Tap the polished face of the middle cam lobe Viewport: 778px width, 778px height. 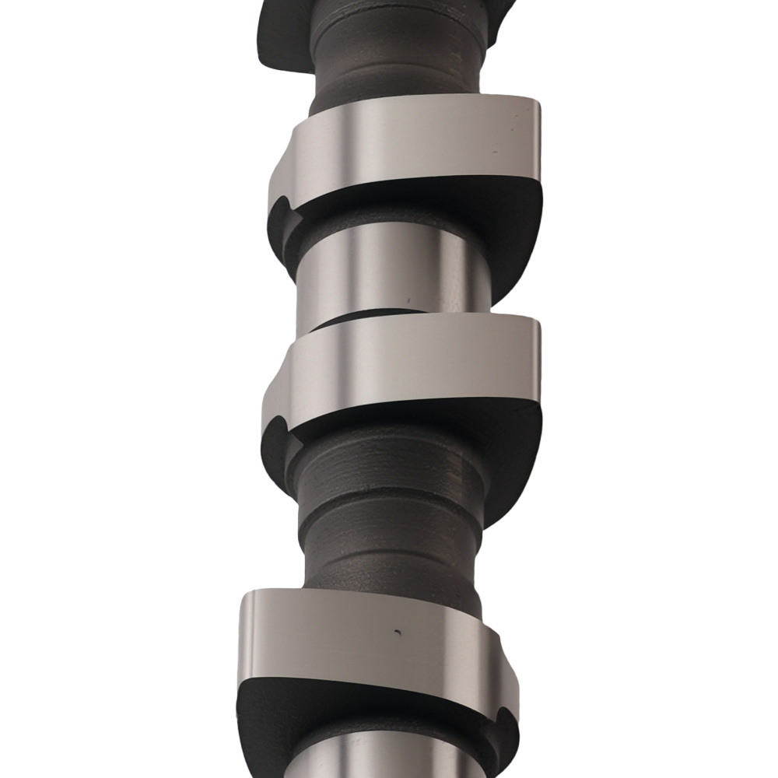click(405, 366)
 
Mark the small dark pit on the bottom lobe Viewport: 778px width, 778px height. click(398, 631)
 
